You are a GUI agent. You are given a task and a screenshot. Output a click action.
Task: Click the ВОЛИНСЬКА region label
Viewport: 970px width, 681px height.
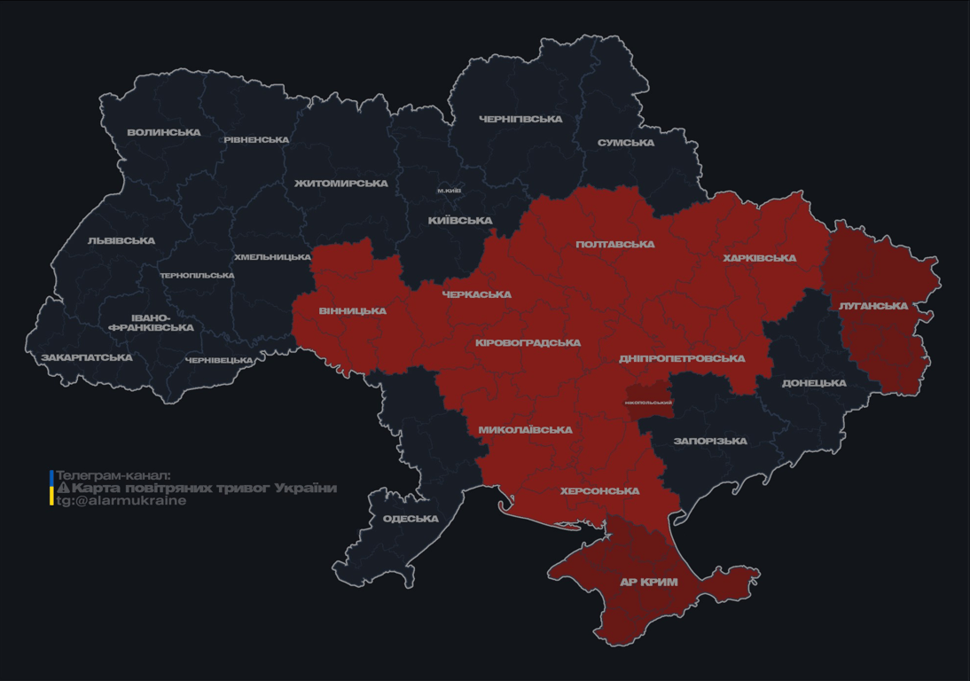point(164,133)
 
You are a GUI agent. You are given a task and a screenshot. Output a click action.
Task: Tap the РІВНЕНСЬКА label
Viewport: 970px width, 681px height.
point(256,140)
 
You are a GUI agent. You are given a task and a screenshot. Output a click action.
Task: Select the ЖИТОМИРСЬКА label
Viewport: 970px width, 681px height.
point(341,184)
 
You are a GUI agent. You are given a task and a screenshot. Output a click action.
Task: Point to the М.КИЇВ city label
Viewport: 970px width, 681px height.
point(449,191)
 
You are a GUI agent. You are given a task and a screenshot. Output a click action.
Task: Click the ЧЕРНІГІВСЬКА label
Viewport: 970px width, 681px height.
point(520,119)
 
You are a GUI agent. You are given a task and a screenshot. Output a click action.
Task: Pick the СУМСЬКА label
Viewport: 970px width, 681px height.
point(626,143)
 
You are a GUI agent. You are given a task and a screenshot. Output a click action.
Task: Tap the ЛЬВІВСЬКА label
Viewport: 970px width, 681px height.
point(121,240)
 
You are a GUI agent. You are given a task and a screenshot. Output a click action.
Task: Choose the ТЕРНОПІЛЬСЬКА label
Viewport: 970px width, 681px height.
point(197,276)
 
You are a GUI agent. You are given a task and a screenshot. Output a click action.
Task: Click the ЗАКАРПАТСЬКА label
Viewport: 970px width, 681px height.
point(87,358)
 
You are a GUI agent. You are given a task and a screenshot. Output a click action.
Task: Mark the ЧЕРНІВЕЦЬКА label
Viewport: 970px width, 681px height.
point(219,361)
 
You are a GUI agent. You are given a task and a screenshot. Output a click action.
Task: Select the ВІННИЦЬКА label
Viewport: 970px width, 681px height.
point(353,311)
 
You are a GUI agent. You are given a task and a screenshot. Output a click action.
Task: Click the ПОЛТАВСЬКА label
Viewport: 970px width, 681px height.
point(615,245)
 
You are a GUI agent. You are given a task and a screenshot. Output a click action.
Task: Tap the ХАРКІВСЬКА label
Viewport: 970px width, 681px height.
point(760,258)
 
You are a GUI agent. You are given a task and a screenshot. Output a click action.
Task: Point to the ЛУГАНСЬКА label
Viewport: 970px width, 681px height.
point(873,306)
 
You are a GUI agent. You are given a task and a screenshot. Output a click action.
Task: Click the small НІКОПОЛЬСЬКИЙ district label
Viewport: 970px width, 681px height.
point(648,403)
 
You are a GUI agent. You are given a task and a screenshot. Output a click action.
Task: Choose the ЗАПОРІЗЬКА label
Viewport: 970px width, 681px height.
point(710,441)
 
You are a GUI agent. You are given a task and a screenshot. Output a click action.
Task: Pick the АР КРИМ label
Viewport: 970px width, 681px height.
point(648,583)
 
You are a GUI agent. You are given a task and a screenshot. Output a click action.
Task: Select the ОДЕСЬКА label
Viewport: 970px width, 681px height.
point(411,519)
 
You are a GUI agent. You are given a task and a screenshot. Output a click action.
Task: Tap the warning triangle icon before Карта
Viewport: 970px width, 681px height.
point(63,489)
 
